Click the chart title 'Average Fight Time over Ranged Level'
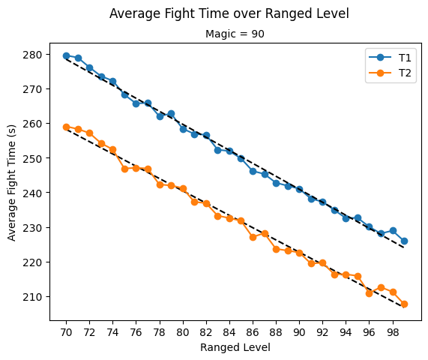click(x=229, y=13)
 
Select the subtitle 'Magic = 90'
click(x=235, y=34)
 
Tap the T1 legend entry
click(x=390, y=58)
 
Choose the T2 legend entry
click(x=390, y=73)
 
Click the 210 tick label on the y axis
click(x=32, y=297)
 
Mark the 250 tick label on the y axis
click(x=32, y=158)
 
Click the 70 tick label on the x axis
click(x=66, y=332)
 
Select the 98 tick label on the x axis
click(x=393, y=332)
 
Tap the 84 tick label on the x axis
click(x=229, y=332)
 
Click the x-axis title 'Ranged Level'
click(x=235, y=347)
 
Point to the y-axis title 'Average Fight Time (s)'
click(x=11, y=183)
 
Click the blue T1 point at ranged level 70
click(x=66, y=56)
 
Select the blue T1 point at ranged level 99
click(x=404, y=241)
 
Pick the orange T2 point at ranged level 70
click(x=66, y=127)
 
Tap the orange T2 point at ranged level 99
click(x=404, y=304)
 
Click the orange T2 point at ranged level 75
click(x=124, y=169)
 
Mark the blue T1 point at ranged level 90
click(x=299, y=189)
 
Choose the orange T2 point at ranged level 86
click(x=253, y=237)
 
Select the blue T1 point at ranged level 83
click(x=218, y=150)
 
